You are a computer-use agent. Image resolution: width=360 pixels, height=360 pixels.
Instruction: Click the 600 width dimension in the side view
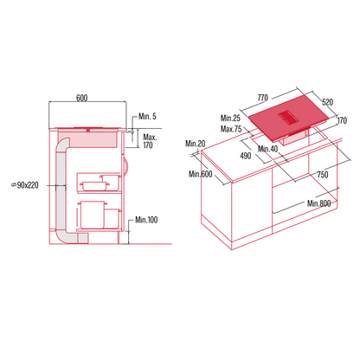coord(81,98)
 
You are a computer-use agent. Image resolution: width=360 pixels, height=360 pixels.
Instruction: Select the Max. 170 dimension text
coord(149,142)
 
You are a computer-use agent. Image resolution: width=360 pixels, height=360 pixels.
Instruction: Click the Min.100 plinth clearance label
coord(145,221)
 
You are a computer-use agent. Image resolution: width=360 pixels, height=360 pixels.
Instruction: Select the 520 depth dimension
coord(326,102)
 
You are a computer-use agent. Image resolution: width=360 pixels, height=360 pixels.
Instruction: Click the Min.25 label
coord(229,118)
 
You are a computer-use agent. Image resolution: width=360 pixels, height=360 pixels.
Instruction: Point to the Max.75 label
coord(230,129)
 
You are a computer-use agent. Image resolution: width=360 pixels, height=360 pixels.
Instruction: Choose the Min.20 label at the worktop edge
coord(195,144)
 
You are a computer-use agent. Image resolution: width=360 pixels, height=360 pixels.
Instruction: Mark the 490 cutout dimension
coord(245,157)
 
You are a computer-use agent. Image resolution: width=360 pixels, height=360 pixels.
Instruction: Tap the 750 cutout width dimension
coord(320,174)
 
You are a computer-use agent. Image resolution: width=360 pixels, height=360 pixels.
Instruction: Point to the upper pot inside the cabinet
coord(92,182)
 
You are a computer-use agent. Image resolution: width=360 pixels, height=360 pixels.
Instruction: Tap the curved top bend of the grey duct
coord(65,139)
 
